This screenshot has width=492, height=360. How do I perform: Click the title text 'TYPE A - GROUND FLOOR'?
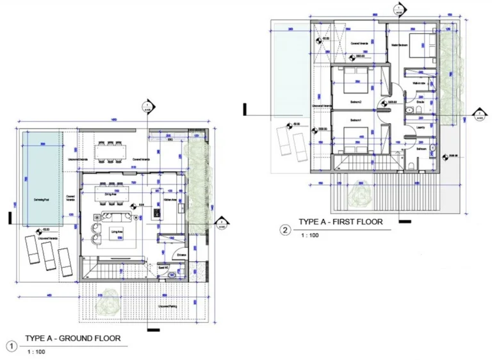(x=72, y=338)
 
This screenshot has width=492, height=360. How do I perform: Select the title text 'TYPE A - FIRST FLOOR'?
(x=340, y=222)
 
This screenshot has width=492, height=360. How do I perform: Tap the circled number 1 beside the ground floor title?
(x=11, y=346)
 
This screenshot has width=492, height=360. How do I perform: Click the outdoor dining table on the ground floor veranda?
(x=110, y=151)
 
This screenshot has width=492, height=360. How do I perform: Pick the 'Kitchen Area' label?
(x=170, y=200)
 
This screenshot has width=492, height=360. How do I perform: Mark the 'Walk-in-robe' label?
(x=419, y=83)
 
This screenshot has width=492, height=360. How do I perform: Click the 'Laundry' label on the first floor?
(x=420, y=127)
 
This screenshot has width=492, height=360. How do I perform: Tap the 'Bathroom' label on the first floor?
(x=420, y=148)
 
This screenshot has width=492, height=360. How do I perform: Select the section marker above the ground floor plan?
(x=147, y=106)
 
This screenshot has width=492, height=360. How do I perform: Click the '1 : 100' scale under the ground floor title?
(x=35, y=352)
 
